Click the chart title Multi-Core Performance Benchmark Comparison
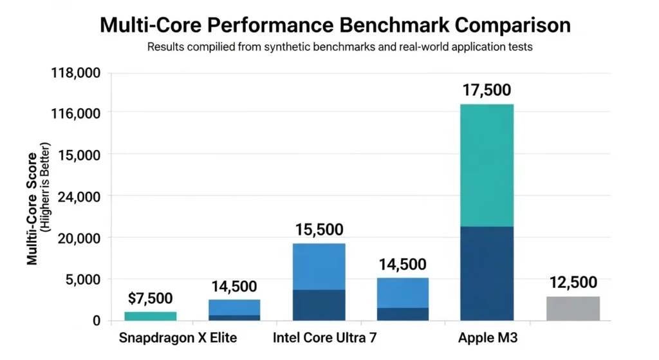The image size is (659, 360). point(335,25)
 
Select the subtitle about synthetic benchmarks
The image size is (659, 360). point(340,48)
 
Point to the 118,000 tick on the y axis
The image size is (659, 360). point(75,73)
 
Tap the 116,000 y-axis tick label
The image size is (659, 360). point(75,113)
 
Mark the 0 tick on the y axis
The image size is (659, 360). point(95,320)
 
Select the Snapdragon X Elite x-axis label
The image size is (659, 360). point(178,338)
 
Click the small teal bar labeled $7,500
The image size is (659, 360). point(151,316)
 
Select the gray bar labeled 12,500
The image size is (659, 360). point(573,308)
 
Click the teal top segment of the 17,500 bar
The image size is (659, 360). point(487,165)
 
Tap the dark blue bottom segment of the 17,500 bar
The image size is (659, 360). point(487,273)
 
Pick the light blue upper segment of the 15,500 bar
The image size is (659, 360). point(319,267)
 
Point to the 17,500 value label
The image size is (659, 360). point(487,90)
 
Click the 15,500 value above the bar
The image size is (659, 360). point(319,230)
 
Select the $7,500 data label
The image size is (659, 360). point(150,298)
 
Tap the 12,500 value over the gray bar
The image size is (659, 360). point(573,283)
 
